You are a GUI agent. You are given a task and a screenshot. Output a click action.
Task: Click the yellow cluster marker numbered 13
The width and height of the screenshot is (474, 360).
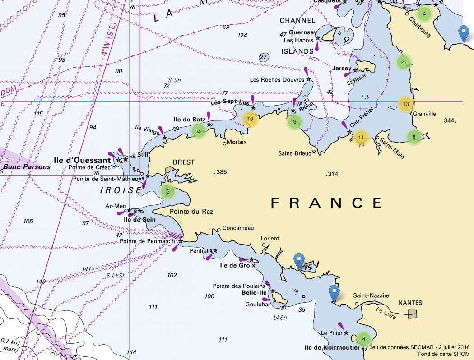406,104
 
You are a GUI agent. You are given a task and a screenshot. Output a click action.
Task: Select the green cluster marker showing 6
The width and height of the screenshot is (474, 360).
168,191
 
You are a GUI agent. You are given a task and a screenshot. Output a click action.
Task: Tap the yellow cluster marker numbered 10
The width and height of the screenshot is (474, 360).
250,120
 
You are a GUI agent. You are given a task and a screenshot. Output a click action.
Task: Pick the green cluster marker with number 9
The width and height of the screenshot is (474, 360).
294,121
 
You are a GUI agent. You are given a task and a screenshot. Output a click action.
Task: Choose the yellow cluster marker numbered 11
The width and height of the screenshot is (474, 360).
361,138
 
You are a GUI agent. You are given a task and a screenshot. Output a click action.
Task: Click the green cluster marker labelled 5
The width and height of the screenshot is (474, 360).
199,131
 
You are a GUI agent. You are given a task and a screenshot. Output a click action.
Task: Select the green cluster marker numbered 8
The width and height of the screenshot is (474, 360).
414,137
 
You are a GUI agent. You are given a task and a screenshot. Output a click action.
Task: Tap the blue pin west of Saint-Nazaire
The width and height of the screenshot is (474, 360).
334,293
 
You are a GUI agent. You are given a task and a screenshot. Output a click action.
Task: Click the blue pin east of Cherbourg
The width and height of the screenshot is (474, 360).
463,33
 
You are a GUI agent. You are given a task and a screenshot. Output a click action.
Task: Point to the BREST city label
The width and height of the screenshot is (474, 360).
184,162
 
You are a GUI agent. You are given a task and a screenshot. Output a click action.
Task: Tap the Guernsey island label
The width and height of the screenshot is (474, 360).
303,32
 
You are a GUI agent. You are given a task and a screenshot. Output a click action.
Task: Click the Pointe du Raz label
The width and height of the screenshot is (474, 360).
191,212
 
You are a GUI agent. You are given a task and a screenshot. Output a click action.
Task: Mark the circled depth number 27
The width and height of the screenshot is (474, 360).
264,57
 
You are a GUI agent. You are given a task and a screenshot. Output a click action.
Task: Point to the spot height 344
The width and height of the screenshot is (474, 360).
450,120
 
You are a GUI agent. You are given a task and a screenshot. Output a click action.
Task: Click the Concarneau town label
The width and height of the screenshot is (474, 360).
238,228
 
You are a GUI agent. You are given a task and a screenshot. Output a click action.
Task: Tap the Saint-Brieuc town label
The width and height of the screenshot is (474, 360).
294,153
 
